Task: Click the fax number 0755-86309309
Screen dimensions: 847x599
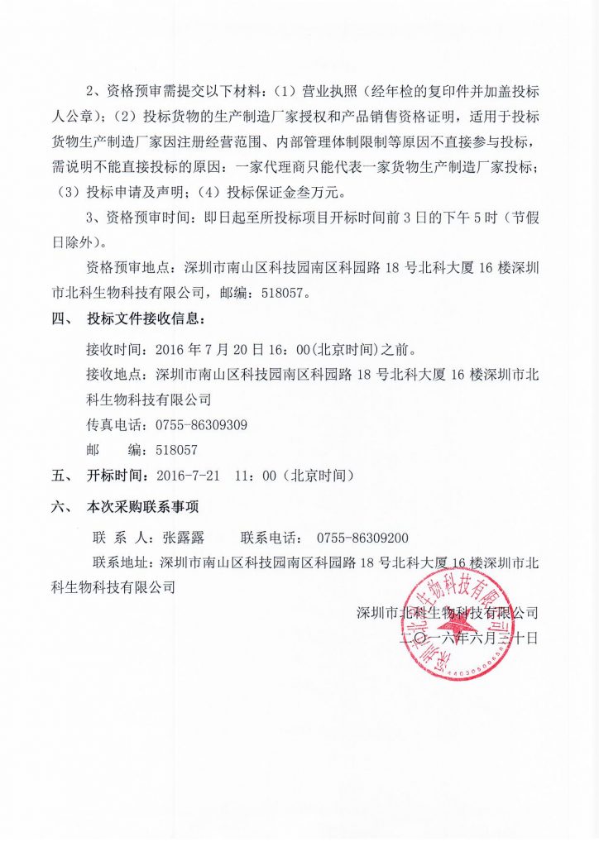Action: (x=201, y=425)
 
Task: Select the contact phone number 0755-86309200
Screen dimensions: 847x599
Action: (x=357, y=537)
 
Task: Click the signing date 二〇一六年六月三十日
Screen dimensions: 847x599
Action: (x=468, y=638)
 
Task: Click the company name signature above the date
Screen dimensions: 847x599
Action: (x=447, y=613)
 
